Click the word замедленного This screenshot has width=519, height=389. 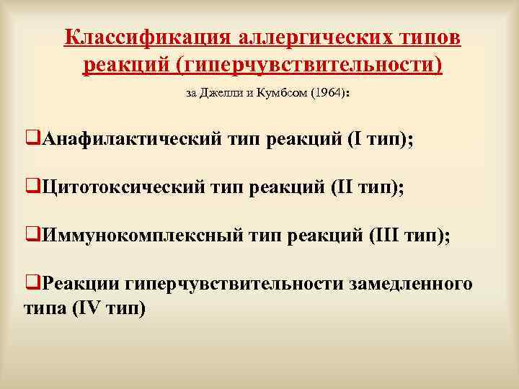[x=411, y=283]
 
